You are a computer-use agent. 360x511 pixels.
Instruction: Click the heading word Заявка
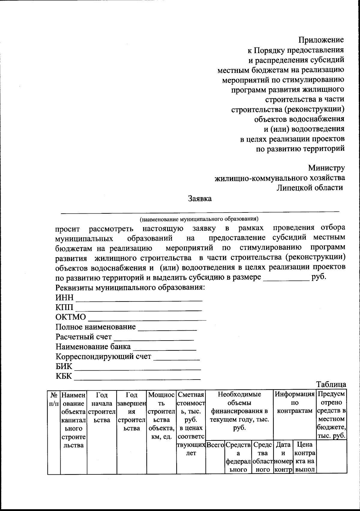[x=199, y=199]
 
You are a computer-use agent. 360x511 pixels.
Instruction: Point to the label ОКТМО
[x=70, y=317]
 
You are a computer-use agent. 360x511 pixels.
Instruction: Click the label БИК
[x=64, y=367]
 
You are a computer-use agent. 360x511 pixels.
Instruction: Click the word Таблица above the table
[x=331, y=384]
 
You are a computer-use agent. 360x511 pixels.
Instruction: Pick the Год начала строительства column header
[x=102, y=407]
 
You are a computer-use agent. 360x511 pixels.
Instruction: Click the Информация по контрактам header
[x=295, y=402]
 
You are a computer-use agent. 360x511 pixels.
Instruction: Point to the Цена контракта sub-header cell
[x=305, y=457]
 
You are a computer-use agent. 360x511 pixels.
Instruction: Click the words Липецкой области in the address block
[x=310, y=188]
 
